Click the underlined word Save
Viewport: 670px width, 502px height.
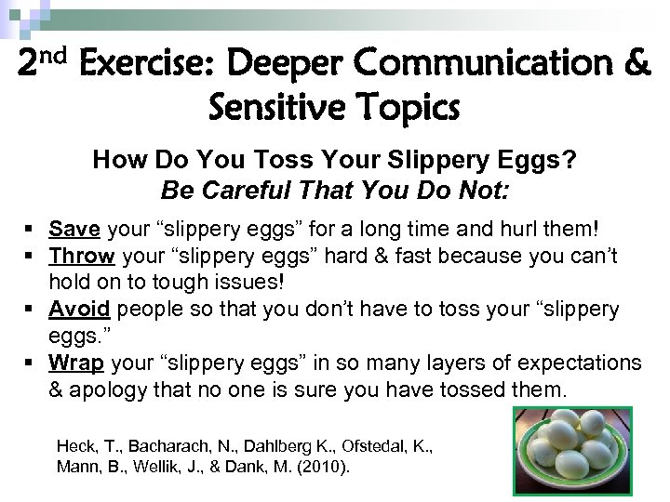pos(75,229)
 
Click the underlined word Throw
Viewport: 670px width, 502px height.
pos(82,256)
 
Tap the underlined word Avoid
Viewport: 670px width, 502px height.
pos(79,309)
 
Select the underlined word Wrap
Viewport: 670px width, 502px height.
pos(76,362)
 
